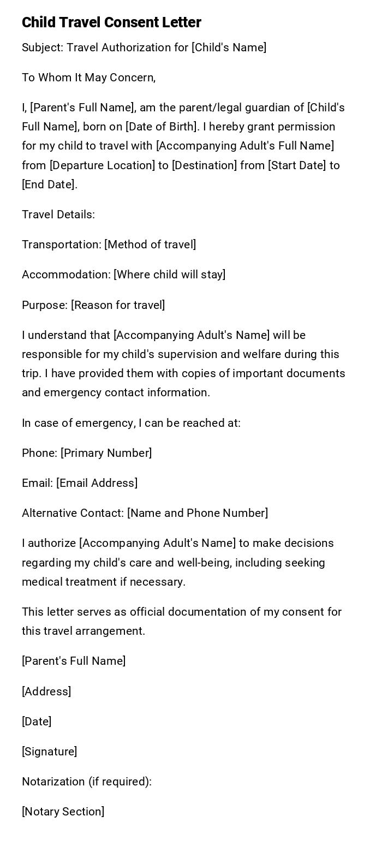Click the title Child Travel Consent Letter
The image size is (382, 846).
(111, 22)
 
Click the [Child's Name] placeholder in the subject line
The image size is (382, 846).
(229, 47)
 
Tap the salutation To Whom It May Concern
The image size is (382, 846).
(88, 78)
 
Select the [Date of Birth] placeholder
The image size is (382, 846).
(162, 127)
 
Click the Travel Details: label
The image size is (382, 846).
(58, 215)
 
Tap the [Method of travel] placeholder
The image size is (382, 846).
(150, 245)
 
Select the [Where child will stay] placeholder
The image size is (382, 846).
(169, 275)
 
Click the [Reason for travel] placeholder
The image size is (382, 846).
(118, 305)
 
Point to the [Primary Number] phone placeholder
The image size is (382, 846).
(106, 453)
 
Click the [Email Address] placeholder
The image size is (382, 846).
(97, 483)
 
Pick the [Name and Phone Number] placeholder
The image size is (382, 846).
(198, 513)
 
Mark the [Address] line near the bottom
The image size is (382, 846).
(46, 692)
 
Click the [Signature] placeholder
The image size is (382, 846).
(49, 752)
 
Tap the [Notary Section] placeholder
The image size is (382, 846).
(63, 812)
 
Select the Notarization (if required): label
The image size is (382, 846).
(87, 782)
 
